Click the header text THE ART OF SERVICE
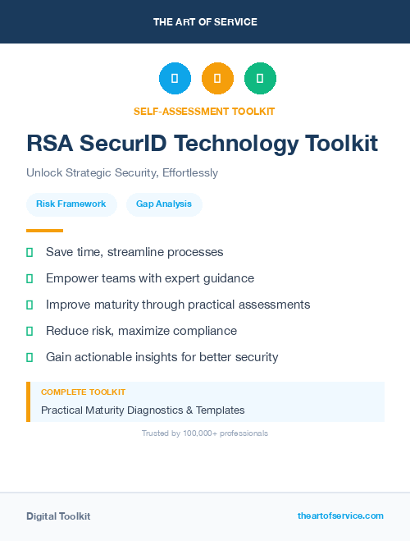205,22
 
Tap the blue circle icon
175,79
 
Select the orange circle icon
217,79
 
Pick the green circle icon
260,79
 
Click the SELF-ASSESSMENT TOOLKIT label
204,111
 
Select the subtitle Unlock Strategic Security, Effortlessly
122,173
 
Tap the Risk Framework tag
71,204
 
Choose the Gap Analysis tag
164,204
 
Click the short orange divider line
44,231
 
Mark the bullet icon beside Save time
30,252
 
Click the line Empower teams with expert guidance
150,278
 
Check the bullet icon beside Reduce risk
30,331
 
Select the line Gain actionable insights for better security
162,357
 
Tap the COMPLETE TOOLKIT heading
83,392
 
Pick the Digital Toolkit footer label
58,516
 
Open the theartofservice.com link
340,516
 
